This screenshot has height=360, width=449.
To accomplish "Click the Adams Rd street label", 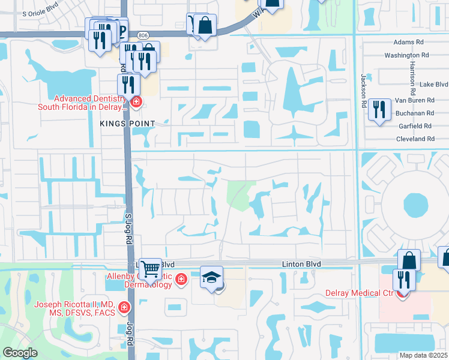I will coord(408,43).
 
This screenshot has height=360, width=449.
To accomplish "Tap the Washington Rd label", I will coord(406,55).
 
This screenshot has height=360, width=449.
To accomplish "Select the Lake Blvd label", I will coord(434,85).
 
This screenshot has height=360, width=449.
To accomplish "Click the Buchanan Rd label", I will coord(415,113).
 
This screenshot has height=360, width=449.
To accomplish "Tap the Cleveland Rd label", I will coord(415,139).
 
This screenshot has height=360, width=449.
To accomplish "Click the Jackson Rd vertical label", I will coord(363,87).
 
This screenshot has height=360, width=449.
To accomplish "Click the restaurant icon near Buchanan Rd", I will coord(379,110).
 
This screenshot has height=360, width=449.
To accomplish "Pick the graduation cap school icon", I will coord(211,277).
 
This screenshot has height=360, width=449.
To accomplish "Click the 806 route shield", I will coord(142,35).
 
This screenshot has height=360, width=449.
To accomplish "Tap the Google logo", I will coord(20,353).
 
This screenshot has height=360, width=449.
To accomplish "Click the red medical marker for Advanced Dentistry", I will coord(136,102).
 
